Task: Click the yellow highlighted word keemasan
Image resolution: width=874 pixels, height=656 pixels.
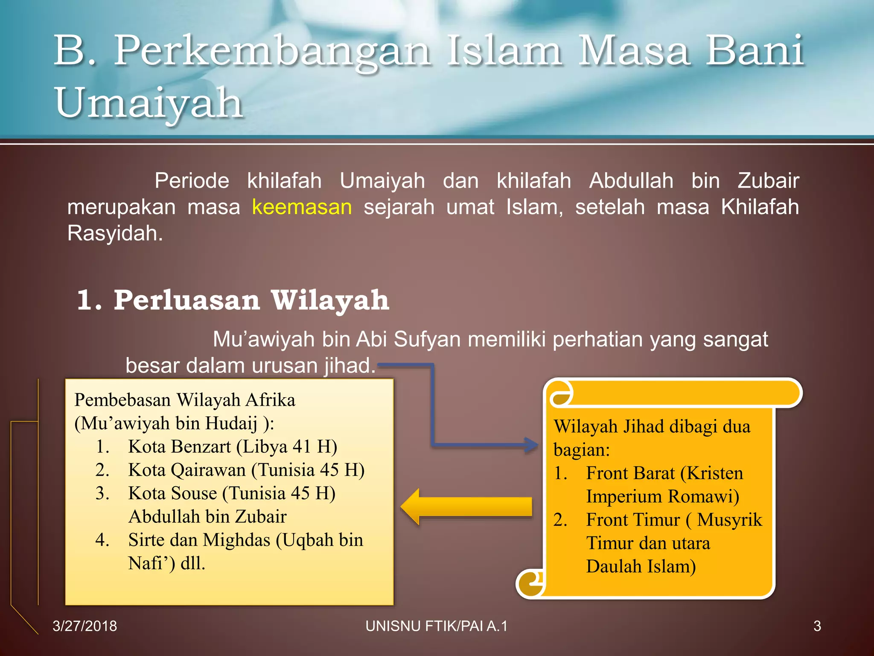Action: pos(302,207)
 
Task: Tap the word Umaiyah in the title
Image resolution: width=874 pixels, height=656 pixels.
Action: pos(149,103)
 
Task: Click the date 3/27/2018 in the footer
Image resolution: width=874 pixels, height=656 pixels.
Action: pos(84,626)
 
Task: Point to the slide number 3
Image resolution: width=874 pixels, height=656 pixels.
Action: pos(817,626)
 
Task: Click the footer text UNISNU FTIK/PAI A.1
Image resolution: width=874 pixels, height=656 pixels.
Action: pos(436,626)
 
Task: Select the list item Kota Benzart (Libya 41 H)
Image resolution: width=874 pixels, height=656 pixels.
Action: pos(233,447)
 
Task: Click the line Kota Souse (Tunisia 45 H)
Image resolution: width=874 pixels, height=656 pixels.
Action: pos(232,493)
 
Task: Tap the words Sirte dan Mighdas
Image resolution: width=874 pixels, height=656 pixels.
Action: pos(199,540)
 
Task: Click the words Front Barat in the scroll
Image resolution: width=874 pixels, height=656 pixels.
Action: pos(630,473)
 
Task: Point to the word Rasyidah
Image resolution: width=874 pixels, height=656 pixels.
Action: pos(115,234)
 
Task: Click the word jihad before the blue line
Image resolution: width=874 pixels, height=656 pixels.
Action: pos(350,366)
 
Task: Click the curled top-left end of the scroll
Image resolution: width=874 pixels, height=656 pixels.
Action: pos(560,393)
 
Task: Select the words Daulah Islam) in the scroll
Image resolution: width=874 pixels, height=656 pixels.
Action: pos(641,567)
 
